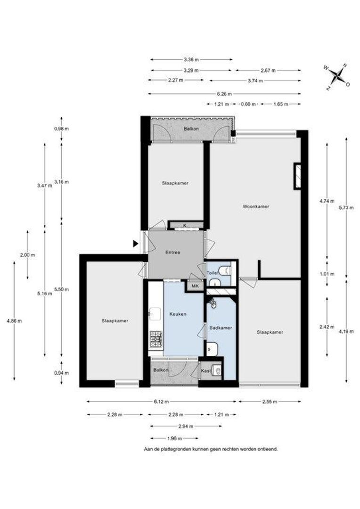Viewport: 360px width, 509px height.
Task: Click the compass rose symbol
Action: pos(337,76)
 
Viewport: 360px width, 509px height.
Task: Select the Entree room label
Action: pos(172,252)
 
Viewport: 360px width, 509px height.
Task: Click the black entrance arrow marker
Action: pos(136,244)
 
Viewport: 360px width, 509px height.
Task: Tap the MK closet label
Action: pos(194,286)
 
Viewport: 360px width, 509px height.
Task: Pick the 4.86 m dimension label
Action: pos(14,321)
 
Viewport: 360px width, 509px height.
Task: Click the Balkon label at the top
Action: pos(191,129)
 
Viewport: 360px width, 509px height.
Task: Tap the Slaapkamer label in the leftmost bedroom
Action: pos(115,321)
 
